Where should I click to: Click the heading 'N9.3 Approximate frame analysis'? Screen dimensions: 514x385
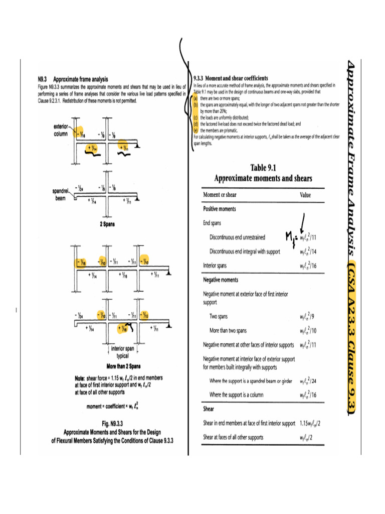[73, 79]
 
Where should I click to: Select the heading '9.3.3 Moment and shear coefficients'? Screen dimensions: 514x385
[231, 78]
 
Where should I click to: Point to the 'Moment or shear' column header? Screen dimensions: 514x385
[222, 195]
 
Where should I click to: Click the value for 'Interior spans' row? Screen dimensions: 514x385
[307, 266]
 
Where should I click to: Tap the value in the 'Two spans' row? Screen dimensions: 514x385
[307, 317]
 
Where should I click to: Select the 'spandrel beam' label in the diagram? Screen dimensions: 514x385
[62, 194]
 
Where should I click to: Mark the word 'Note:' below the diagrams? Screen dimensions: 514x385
[81, 377]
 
